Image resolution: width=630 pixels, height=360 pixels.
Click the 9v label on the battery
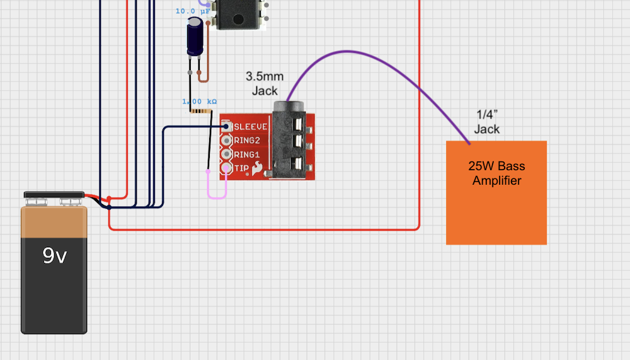(x=54, y=255)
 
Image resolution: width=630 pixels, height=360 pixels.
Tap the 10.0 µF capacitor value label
(x=193, y=11)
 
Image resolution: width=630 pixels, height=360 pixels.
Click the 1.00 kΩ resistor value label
(x=199, y=102)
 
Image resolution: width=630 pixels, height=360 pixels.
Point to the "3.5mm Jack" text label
(x=265, y=83)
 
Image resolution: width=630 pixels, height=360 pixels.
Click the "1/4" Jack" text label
(x=486, y=122)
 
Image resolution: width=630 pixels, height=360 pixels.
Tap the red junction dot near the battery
(x=109, y=199)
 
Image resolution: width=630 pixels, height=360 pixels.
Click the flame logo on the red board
(x=257, y=168)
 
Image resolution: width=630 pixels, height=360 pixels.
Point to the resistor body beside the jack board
(x=200, y=111)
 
